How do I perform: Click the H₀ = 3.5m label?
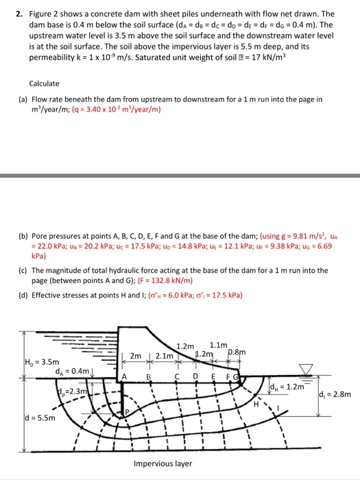click(x=24, y=361)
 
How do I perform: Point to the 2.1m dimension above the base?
click(x=165, y=355)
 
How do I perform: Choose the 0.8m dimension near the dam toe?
click(x=237, y=352)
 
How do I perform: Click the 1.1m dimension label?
click(x=218, y=344)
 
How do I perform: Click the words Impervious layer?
click(x=163, y=463)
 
